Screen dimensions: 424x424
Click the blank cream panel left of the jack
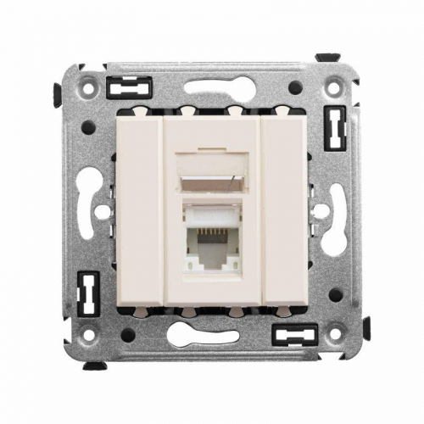[x=139, y=212]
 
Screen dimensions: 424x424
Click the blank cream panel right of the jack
[x=285, y=212]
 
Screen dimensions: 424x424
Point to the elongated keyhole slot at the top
[x=212, y=87]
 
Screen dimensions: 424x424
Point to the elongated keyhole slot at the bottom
[x=212, y=335]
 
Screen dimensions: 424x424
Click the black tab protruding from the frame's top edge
[x=328, y=58]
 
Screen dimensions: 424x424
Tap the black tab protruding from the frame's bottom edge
[x=95, y=365]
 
